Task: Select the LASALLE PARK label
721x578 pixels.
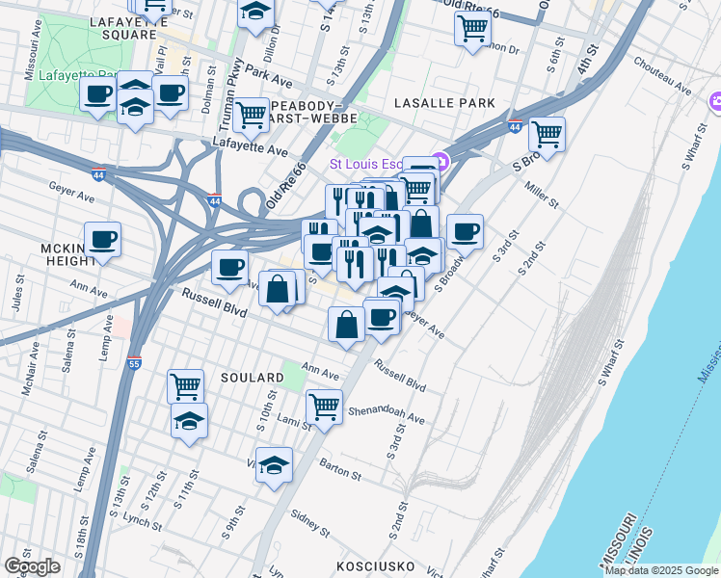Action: (444, 103)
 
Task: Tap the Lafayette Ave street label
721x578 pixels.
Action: (251, 151)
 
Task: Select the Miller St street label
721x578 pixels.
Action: (542, 194)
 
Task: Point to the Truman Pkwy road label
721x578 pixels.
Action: (232, 92)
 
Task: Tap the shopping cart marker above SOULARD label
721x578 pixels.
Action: (185, 386)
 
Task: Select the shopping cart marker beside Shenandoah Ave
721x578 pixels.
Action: (325, 406)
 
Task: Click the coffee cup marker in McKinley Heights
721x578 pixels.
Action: (102, 240)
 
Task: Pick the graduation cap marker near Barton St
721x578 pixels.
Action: (275, 465)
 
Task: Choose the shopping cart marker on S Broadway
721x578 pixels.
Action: (547, 134)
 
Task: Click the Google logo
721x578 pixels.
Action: (32, 566)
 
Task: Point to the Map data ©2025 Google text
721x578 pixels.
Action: (661, 570)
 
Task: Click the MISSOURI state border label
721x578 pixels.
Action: (615, 542)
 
